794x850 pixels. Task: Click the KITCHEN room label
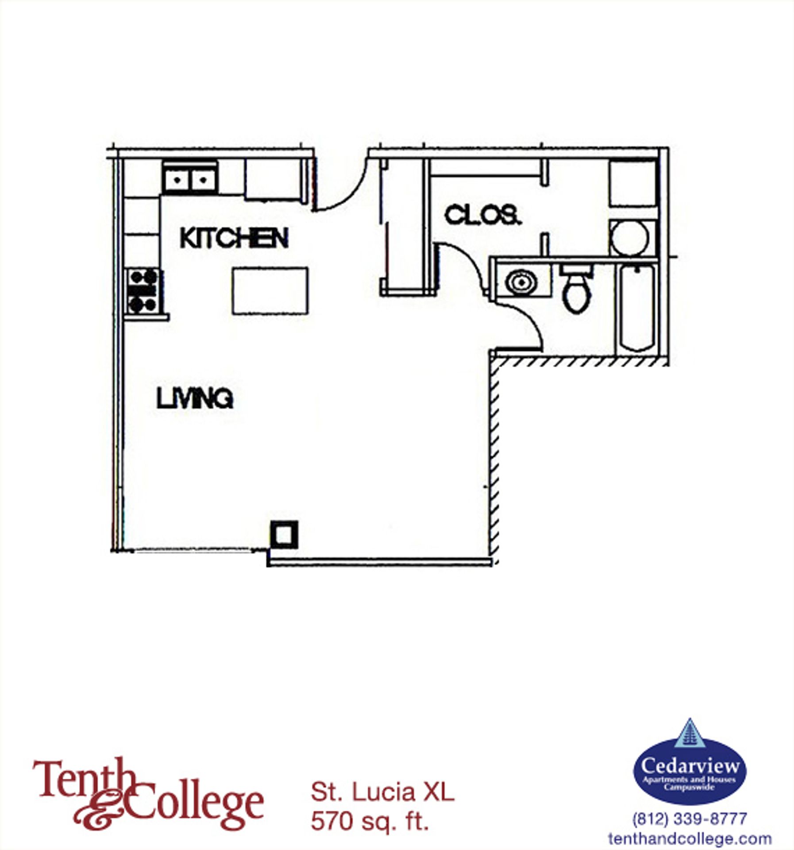click(234, 238)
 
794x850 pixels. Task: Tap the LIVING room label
click(195, 398)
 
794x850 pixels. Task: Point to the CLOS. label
click(482, 216)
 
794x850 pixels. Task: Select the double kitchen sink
click(190, 179)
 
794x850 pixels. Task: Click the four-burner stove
click(143, 291)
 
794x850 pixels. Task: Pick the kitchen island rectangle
click(270, 291)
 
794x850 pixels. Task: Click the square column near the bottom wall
click(284, 535)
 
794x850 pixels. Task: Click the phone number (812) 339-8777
click(690, 819)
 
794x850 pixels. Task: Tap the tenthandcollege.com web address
click(690, 838)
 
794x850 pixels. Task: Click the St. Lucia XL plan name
click(382, 792)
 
